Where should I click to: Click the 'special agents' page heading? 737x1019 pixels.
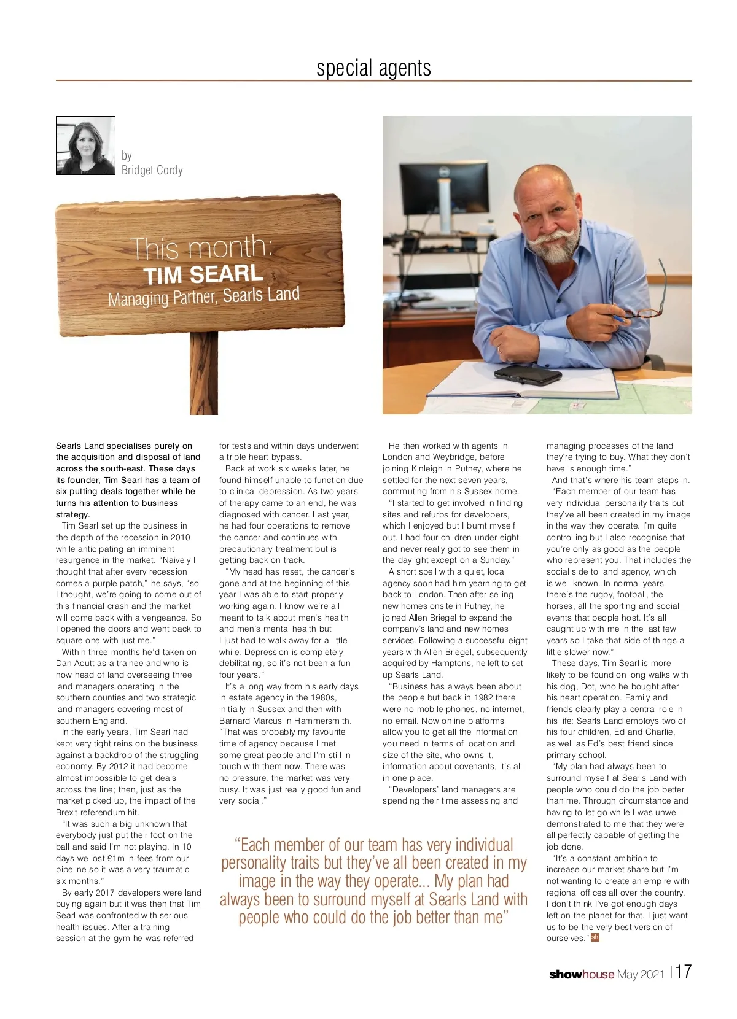[373, 68]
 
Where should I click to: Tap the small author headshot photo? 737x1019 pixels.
[85, 145]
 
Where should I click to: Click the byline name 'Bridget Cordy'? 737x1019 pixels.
[152, 170]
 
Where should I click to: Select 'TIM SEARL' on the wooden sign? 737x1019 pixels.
[203, 274]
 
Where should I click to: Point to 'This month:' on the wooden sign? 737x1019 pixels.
[201, 247]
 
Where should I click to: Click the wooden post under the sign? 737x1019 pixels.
[203, 374]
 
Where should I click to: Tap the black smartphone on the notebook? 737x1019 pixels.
[528, 373]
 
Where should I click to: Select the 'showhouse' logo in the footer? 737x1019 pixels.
[581, 974]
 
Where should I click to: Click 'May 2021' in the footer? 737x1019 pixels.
[641, 974]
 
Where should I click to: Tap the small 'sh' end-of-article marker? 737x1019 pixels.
[595, 937]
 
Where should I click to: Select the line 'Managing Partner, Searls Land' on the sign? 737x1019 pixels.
[203, 297]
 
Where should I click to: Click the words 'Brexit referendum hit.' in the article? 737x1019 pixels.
[98, 812]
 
